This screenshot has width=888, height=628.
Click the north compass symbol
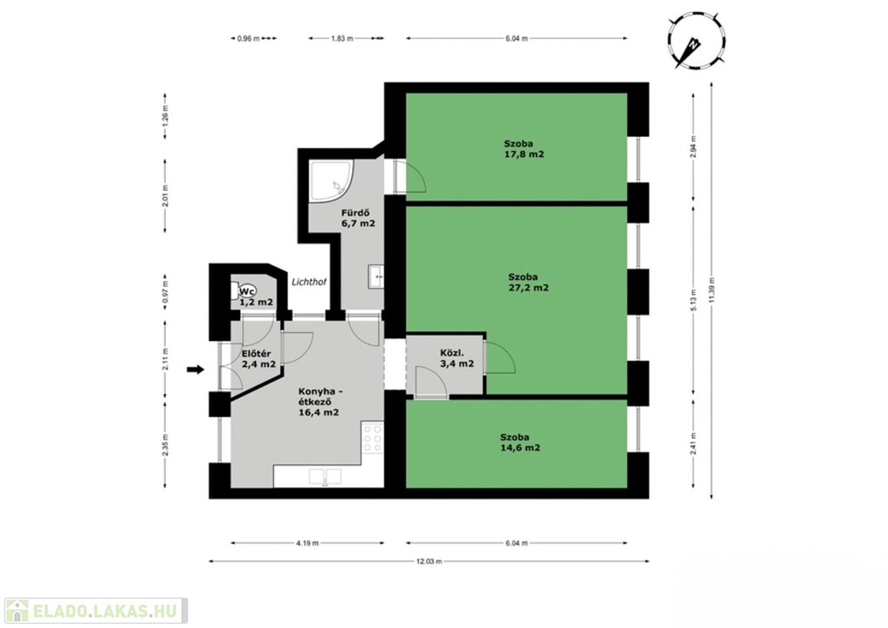tap(696, 43)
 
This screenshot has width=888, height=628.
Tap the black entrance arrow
tap(195, 370)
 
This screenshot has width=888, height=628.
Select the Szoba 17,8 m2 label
tap(525, 149)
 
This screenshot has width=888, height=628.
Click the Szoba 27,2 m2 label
tap(528, 282)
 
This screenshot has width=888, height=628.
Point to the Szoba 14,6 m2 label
tap(520, 442)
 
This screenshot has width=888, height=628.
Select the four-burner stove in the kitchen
tap(373, 438)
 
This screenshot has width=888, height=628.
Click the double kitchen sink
tap(325, 477)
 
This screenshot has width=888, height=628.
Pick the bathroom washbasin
tap(375, 277)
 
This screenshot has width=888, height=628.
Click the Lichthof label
tap(309, 281)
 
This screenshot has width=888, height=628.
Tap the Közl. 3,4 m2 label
tap(457, 358)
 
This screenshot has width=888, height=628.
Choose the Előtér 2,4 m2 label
tap(258, 359)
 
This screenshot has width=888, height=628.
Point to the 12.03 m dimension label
tap(428, 561)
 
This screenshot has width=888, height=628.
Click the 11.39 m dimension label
tap(712, 290)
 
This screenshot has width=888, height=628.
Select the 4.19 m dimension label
tap(308, 543)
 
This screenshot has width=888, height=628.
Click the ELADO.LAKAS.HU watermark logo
tap(95, 611)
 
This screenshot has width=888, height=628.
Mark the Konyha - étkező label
tap(319, 402)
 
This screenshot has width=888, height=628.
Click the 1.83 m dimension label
tap(342, 38)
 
